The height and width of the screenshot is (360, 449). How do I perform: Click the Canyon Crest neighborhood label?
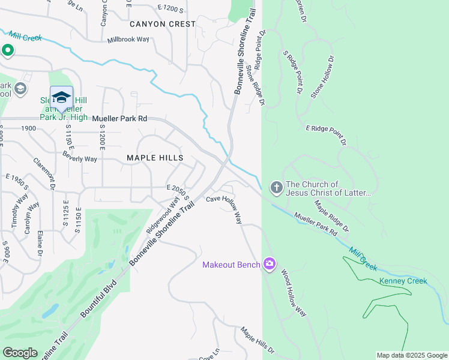tap(163, 24)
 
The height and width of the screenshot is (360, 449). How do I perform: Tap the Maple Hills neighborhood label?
tap(154, 158)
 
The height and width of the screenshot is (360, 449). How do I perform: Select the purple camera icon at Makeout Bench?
tap(270, 264)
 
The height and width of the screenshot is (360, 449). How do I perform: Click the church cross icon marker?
tap(276, 188)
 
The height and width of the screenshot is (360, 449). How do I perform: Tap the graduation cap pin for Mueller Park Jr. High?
tap(61, 97)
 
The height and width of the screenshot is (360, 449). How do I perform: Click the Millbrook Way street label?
tap(128, 40)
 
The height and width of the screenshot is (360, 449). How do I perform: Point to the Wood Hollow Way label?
tap(294, 293)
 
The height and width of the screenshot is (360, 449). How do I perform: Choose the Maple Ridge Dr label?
tap(331, 217)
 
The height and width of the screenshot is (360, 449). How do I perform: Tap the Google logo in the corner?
tap(20, 353)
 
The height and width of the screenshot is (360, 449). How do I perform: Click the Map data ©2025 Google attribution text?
tap(411, 355)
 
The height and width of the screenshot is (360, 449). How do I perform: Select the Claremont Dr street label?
tap(44, 175)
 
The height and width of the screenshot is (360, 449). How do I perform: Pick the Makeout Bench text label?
tap(231, 265)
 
